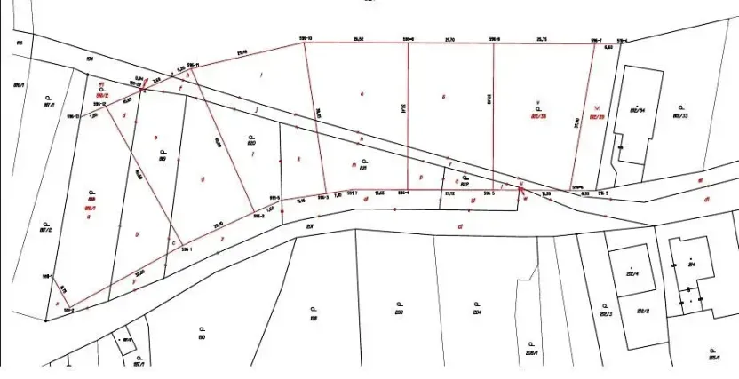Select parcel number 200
tap(400, 312)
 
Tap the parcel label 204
tap(476, 312)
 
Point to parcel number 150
tap(202, 338)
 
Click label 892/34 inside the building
tap(636, 111)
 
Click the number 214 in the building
tap(690, 265)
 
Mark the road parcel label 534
tap(89, 58)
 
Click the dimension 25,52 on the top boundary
tap(359, 39)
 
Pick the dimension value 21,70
tap(449, 39)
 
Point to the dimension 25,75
tap(542, 39)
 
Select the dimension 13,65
tap(379, 192)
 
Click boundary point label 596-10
tap(305, 39)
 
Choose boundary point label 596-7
tap(595, 40)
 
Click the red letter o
tap(362, 93)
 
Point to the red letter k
tap(299, 160)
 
